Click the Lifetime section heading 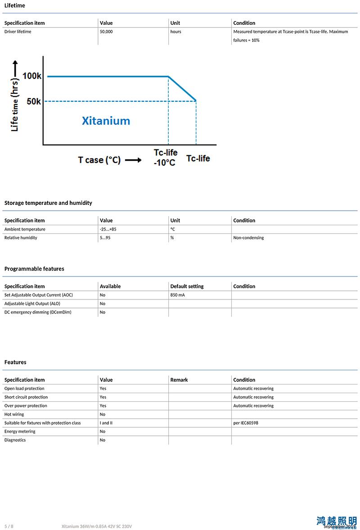coord(14,5)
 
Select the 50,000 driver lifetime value coord(106,32)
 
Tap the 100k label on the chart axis coord(32,76)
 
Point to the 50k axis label coord(34,101)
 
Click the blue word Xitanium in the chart coord(106,121)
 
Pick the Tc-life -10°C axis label coord(165,158)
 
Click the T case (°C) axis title coord(99,160)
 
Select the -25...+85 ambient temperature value coord(108,229)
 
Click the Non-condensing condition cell coord(248,238)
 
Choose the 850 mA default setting coord(177,295)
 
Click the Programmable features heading coord(34,269)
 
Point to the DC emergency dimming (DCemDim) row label coord(38,312)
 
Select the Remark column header coord(179,380)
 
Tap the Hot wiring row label coord(14,414)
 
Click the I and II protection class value coord(106,423)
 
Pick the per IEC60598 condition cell coord(246,423)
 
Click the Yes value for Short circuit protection coord(103,397)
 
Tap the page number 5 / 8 coord(9,526)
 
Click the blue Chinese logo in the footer coord(336,521)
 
